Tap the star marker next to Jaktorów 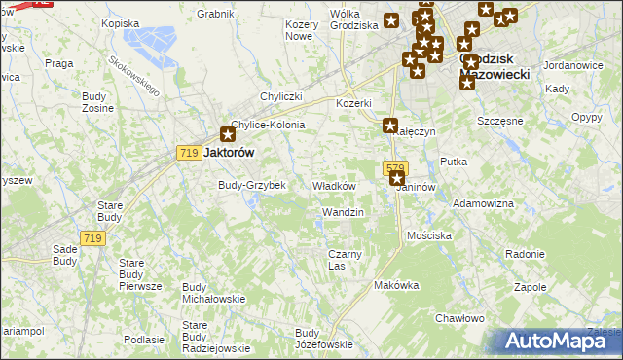(228, 136)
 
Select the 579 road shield (394, 167)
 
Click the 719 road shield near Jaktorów (190, 153)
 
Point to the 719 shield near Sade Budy (93, 238)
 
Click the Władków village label (333, 186)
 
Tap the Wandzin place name (343, 212)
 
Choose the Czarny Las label (345, 260)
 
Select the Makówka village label (396, 285)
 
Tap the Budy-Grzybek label (251, 185)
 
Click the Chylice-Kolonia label (268, 126)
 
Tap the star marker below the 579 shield (396, 179)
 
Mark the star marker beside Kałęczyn (390, 126)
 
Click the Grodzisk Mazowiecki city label (493, 65)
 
